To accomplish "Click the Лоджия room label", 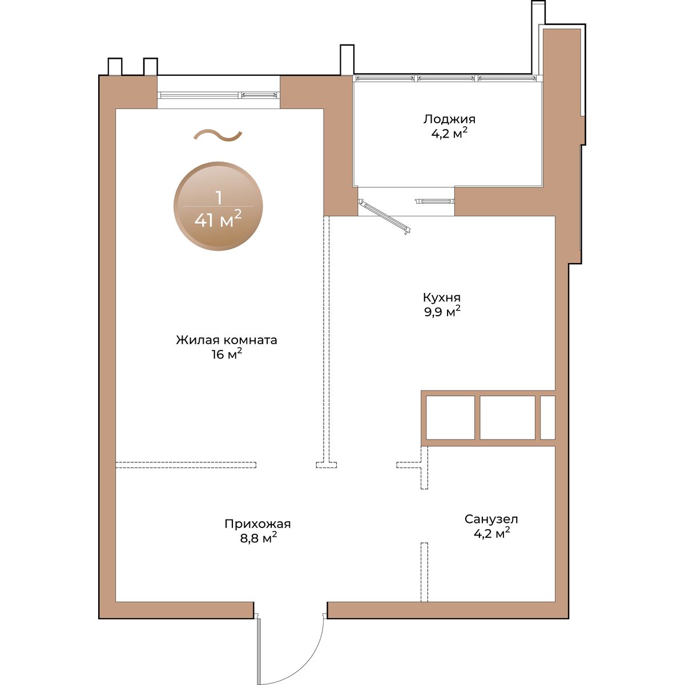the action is pyautogui.click(x=449, y=119).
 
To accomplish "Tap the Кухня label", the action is pyautogui.click(x=441, y=297).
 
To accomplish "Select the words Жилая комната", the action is pyautogui.click(x=227, y=340).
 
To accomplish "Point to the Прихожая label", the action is pyautogui.click(x=257, y=524).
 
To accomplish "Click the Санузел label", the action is pyautogui.click(x=491, y=519).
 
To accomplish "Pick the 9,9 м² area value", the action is pyautogui.click(x=442, y=312).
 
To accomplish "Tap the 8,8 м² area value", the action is pyautogui.click(x=259, y=538).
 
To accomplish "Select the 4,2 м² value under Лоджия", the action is pyautogui.click(x=449, y=134).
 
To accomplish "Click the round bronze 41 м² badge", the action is pyautogui.click(x=218, y=207).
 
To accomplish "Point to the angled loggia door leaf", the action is pyautogui.click(x=385, y=216).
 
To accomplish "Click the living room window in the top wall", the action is pyautogui.click(x=218, y=95).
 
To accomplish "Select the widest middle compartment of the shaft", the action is pyautogui.click(x=507, y=417).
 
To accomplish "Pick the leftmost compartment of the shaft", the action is pyautogui.click(x=450, y=417).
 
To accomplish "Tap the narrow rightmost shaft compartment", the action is pyautogui.click(x=548, y=417).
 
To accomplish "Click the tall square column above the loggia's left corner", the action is pyautogui.click(x=347, y=60).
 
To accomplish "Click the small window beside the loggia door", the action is pyautogui.click(x=435, y=202).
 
